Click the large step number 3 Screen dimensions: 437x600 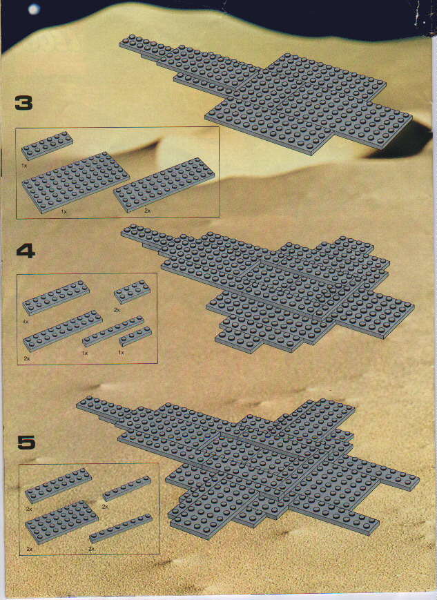pyautogui.click(x=23, y=104)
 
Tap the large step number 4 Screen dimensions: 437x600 pyautogui.click(x=26, y=251)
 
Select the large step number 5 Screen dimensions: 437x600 pyautogui.click(x=26, y=442)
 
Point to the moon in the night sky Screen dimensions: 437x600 pyautogui.click(x=35, y=9)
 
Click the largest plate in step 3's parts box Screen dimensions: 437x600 pyautogui.click(x=75, y=182)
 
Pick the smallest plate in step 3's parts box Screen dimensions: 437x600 pyautogui.click(x=47, y=146)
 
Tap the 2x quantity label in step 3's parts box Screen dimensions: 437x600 pyautogui.click(x=147, y=211)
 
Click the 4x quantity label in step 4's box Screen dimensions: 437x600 pyautogui.click(x=26, y=322)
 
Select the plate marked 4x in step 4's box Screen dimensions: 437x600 pyautogui.click(x=56, y=298)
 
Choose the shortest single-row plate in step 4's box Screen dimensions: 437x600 pyautogui.click(x=135, y=336)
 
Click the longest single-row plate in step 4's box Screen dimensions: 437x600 pyautogui.click(x=113, y=331)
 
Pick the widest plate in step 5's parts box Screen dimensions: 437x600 pyautogui.click(x=61, y=522)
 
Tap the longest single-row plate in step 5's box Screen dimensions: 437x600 pyautogui.click(x=121, y=528)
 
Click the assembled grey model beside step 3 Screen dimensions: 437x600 pyautogui.click(x=266, y=94)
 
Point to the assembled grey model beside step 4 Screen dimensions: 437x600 pyautogui.click(x=267, y=288)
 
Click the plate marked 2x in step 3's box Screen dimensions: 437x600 pyautogui.click(x=164, y=184)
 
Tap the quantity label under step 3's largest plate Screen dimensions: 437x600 pyautogui.click(x=64, y=211)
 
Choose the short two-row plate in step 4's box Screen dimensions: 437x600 pyautogui.click(x=132, y=291)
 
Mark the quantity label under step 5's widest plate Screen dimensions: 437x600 pyautogui.click(x=30, y=549)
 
